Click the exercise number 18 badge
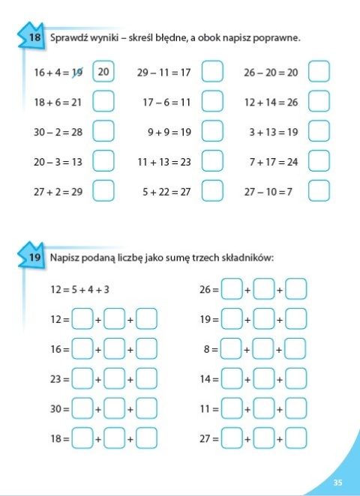[32, 37]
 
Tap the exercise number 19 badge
[32, 258]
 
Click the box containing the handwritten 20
[103, 73]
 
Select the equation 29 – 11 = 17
[164, 73]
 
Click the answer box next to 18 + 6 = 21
[103, 101]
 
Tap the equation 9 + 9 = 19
[169, 132]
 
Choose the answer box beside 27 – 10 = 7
[319, 191]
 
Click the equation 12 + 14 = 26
[271, 101]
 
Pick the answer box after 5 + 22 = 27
[213, 191]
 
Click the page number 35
[337, 482]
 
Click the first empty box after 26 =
[232, 289]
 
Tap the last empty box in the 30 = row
[147, 409]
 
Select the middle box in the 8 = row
[265, 349]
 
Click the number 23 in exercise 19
[55, 379]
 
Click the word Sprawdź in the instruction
[67, 37]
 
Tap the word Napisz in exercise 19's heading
[64, 258]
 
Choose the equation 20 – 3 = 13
[58, 161]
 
